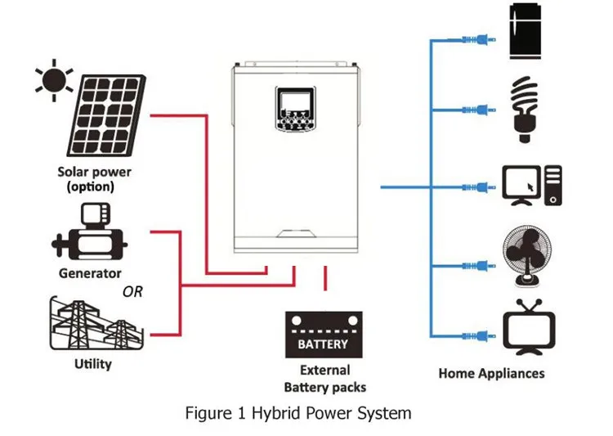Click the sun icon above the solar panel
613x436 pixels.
[x=51, y=79]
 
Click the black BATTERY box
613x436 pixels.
[x=324, y=335]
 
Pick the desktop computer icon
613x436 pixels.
[x=531, y=185]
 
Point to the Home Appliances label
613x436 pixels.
[x=491, y=374]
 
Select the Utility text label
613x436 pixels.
[x=92, y=363]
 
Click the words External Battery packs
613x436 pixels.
[x=324, y=378]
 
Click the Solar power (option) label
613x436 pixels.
[x=94, y=179]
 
